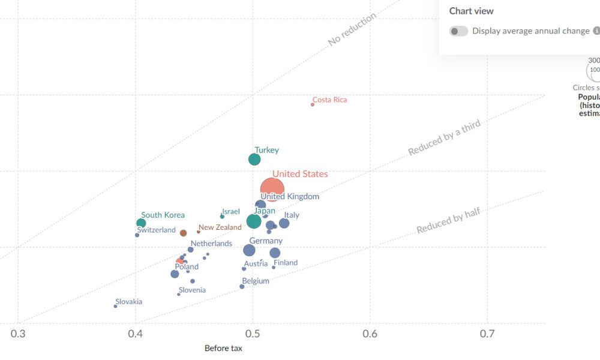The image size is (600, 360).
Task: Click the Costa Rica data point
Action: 313,104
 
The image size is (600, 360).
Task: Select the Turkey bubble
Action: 254,160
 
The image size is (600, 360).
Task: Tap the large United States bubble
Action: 272,189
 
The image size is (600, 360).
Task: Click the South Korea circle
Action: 141,223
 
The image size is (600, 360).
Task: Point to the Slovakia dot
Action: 116,306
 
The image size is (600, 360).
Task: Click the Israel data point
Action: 223,217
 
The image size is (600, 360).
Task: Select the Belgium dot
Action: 242,286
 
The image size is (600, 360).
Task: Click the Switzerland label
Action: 156,230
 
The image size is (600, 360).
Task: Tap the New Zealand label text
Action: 220,227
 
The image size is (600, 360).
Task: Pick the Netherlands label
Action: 211,244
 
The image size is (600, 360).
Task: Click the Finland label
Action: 286,263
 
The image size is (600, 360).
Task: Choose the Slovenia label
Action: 192,290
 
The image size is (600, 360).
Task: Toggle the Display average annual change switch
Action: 459,31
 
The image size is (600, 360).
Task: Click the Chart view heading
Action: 472,11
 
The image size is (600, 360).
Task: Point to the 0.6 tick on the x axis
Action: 370,334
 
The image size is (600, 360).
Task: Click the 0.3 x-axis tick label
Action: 19,334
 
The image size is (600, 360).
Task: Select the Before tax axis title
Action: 223,349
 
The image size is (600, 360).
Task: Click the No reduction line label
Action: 352,29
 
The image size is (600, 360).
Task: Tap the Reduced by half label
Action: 448,220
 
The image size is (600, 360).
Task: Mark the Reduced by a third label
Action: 445,138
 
